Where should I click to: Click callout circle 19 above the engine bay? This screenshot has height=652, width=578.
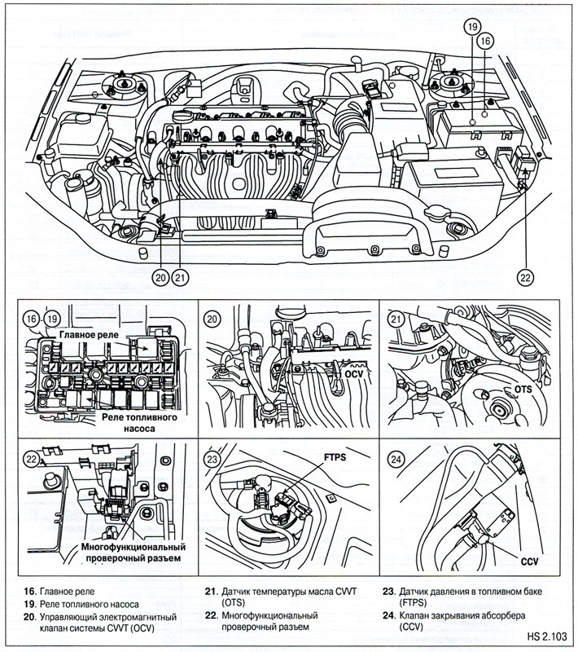tap(472, 27)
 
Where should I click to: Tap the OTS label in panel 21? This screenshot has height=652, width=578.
tap(522, 390)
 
